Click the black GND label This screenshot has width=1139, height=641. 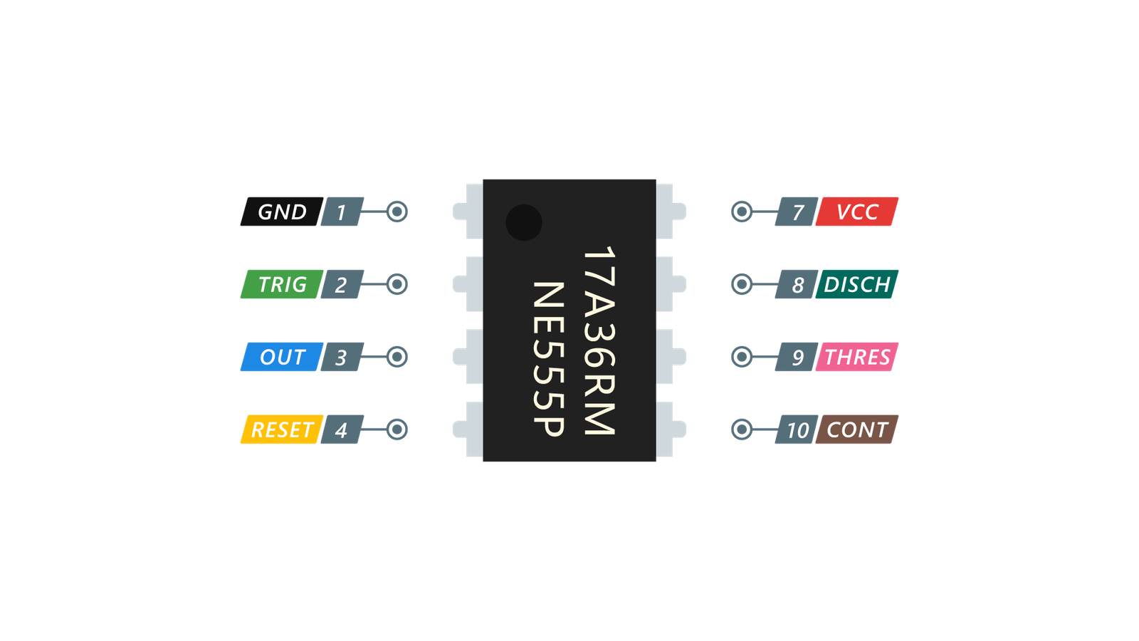pyautogui.click(x=280, y=212)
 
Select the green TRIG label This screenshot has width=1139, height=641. pyautogui.click(x=281, y=284)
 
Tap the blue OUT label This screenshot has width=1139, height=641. pyautogui.click(x=281, y=357)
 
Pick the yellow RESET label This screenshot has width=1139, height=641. pyautogui.click(x=281, y=429)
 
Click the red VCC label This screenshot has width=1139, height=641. pyautogui.click(x=857, y=212)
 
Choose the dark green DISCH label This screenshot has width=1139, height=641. pyautogui.click(x=857, y=284)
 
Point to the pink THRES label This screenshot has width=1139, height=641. pyautogui.click(x=857, y=357)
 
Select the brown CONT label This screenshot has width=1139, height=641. pyautogui.click(x=857, y=429)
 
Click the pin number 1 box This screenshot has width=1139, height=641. pyautogui.click(x=342, y=212)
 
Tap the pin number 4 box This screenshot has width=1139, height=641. pyautogui.click(x=342, y=429)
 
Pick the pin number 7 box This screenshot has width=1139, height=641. pyautogui.click(x=797, y=212)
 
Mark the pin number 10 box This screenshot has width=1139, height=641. pyautogui.click(x=797, y=429)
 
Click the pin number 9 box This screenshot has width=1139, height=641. pyautogui.click(x=797, y=357)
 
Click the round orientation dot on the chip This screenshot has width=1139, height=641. pyautogui.click(x=524, y=222)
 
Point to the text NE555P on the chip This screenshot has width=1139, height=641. pyautogui.click(x=549, y=358)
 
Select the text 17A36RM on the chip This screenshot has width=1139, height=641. pyautogui.click(x=599, y=340)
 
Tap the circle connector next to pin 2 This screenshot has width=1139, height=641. pyautogui.click(x=397, y=284)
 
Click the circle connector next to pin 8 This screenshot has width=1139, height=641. pyautogui.click(x=741, y=284)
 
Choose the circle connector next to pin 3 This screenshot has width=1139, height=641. pyautogui.click(x=397, y=357)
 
